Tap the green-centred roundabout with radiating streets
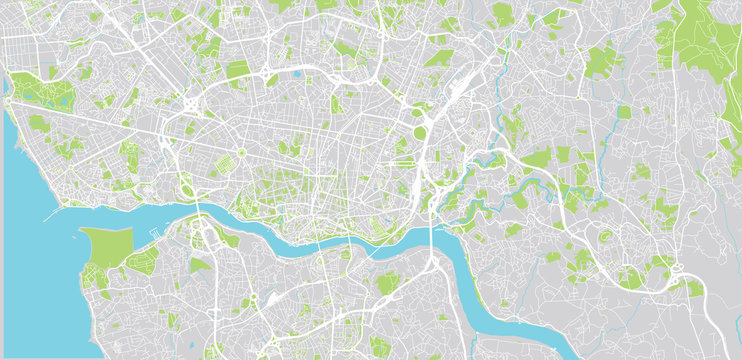(x=240, y=154)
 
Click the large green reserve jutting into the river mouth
(x=106, y=246)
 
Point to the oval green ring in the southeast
(x=607, y=239)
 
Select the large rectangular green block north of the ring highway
(x=238, y=70)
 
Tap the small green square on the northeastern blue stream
(x=624, y=112)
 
